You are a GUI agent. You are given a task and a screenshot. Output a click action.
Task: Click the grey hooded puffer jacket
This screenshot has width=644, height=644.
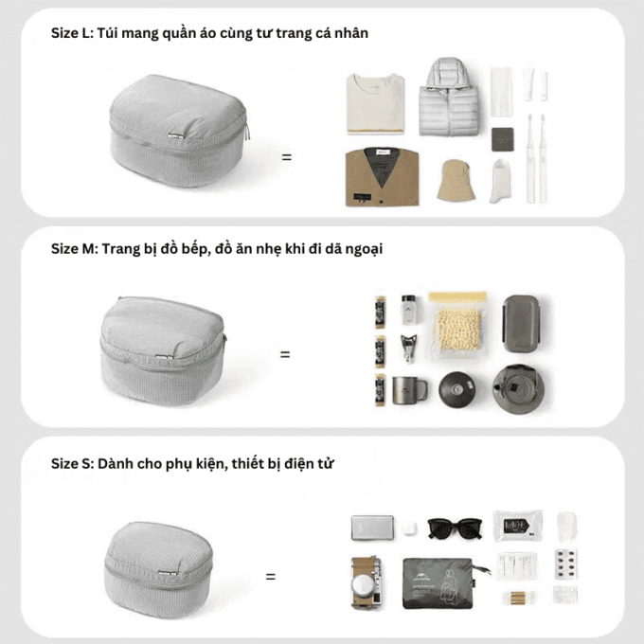[449, 98]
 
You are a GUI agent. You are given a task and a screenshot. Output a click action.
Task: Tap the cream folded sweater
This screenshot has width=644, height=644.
[375, 103]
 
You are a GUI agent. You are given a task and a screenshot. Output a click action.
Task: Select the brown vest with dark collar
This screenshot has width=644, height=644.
[382, 177]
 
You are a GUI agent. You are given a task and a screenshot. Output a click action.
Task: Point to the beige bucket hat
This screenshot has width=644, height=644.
[456, 180]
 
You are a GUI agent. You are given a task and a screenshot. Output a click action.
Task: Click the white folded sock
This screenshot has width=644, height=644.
[501, 181]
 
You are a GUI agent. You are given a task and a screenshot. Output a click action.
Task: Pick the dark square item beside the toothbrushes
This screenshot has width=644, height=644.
[503, 139]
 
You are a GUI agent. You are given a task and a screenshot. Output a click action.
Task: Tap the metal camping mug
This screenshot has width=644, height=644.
[409, 390]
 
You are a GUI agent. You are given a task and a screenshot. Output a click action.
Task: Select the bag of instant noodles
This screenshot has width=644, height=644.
[458, 325]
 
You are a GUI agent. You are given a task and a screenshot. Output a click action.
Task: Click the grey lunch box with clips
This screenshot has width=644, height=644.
[521, 324]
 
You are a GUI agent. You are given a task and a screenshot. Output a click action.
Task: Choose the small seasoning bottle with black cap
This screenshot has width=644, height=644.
[408, 309]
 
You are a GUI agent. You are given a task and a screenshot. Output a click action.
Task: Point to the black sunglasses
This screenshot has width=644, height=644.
[455, 528]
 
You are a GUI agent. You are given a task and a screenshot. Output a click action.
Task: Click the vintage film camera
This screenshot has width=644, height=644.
[367, 582]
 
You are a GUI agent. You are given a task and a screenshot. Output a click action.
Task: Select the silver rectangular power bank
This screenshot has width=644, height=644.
[372, 528]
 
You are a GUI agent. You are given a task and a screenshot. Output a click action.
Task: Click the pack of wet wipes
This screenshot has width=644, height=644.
[518, 526]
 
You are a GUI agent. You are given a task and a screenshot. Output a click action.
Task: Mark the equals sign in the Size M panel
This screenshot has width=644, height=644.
[285, 354]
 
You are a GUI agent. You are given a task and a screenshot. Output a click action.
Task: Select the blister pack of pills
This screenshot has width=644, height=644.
[565, 563]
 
